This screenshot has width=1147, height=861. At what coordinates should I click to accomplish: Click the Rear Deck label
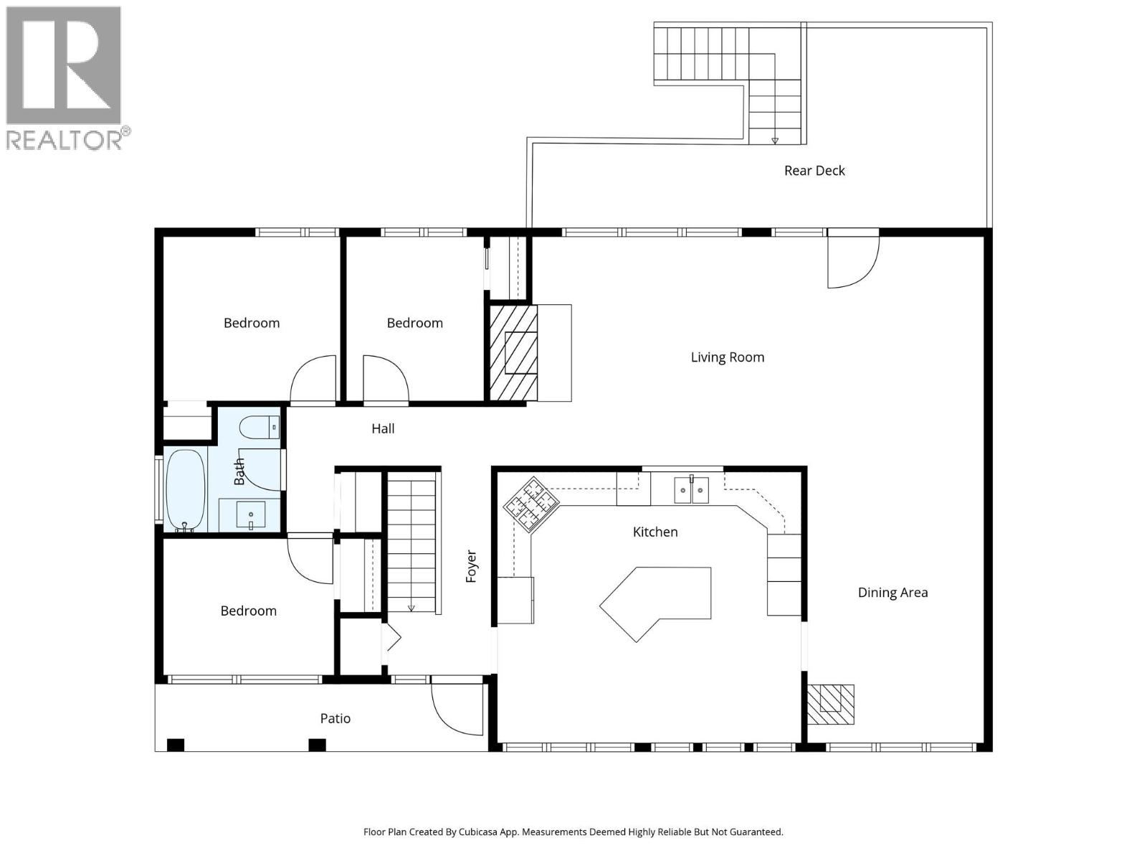point(814,171)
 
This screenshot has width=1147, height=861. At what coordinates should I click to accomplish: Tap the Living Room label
point(727,357)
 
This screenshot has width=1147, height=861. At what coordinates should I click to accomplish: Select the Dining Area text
point(893,593)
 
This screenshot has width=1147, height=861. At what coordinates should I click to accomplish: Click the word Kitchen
point(655,532)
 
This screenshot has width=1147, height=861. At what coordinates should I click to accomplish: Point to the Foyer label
point(472,566)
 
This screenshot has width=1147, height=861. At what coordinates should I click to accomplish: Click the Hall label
point(383,429)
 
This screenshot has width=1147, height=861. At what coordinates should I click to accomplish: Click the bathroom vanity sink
point(250,515)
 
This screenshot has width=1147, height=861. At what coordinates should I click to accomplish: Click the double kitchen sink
point(691,491)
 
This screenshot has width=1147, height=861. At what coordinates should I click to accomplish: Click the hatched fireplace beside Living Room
point(513,353)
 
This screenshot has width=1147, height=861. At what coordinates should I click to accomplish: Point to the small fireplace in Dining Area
point(831,705)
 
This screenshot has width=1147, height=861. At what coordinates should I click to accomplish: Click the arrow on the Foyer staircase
point(411,608)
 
